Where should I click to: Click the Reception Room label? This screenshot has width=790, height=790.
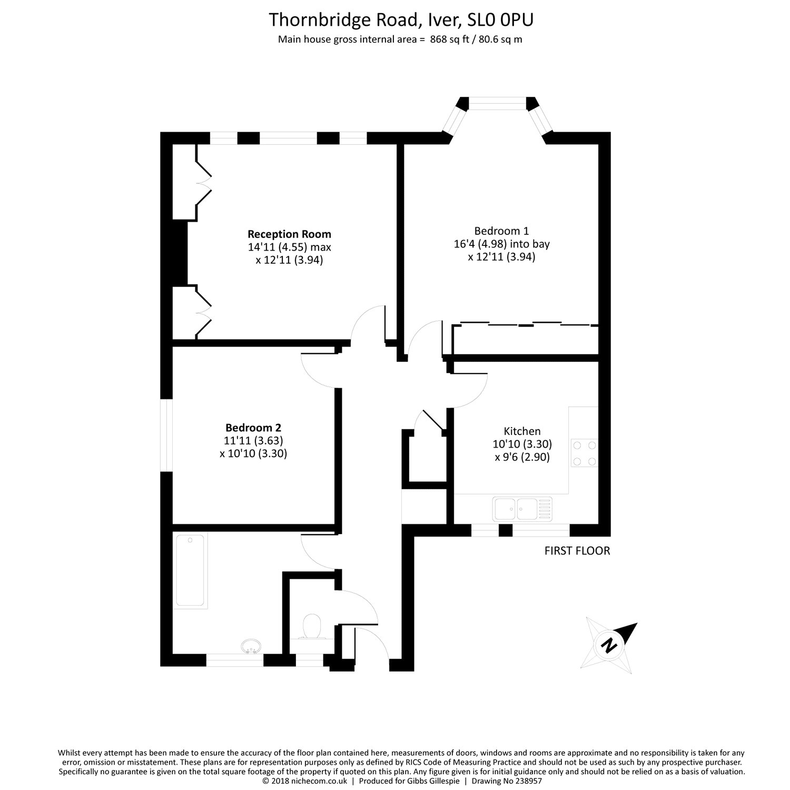point(289,234)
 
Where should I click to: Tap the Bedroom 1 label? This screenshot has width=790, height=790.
point(501,231)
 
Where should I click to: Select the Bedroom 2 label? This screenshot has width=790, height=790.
point(253,427)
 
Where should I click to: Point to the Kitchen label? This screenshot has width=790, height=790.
point(522,431)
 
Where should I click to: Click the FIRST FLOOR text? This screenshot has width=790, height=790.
point(577,551)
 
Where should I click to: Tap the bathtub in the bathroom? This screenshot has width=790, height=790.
point(190,570)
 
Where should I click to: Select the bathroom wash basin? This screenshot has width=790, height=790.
point(252,646)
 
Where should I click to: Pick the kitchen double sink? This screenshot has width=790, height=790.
point(522,508)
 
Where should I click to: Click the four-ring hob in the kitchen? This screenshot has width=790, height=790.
point(584,453)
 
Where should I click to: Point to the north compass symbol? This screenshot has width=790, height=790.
point(610,644)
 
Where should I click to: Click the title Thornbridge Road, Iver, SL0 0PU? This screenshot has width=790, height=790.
point(401,20)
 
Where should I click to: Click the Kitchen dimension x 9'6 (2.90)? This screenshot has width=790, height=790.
point(522,457)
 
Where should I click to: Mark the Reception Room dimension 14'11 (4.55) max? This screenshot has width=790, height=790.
point(289,247)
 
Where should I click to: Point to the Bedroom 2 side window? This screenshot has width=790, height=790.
point(166,435)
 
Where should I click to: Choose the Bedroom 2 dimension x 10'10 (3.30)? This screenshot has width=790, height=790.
point(253,453)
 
